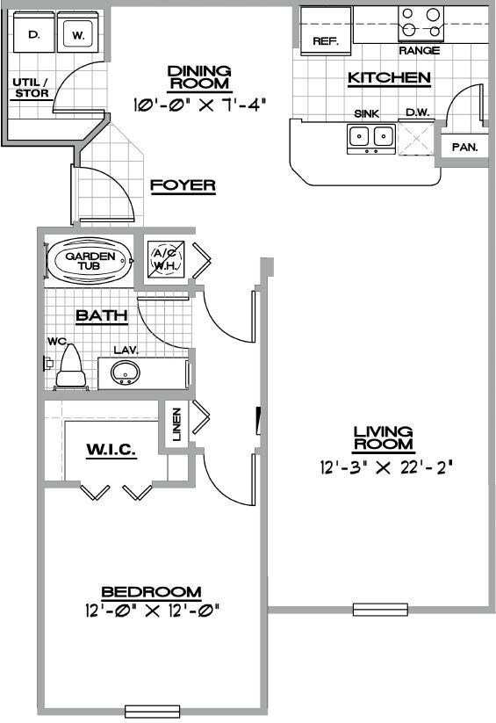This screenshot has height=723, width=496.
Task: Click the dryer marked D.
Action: click(33, 35)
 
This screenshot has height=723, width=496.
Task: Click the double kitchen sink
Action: click(370, 137)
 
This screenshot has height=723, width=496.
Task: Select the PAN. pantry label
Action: click(464, 147)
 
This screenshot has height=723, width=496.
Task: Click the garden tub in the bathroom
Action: click(88, 261)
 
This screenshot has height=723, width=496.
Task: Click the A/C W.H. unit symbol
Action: click(164, 259)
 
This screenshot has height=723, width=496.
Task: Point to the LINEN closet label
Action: click(177, 424)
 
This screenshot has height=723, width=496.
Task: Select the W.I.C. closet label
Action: click(111, 450)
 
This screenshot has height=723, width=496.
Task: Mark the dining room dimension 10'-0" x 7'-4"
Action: click(199, 104)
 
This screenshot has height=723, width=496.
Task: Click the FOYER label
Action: click(183, 185)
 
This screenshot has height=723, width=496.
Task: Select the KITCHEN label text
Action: click(389, 78)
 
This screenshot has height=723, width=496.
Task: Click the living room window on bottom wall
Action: click(381, 609)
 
